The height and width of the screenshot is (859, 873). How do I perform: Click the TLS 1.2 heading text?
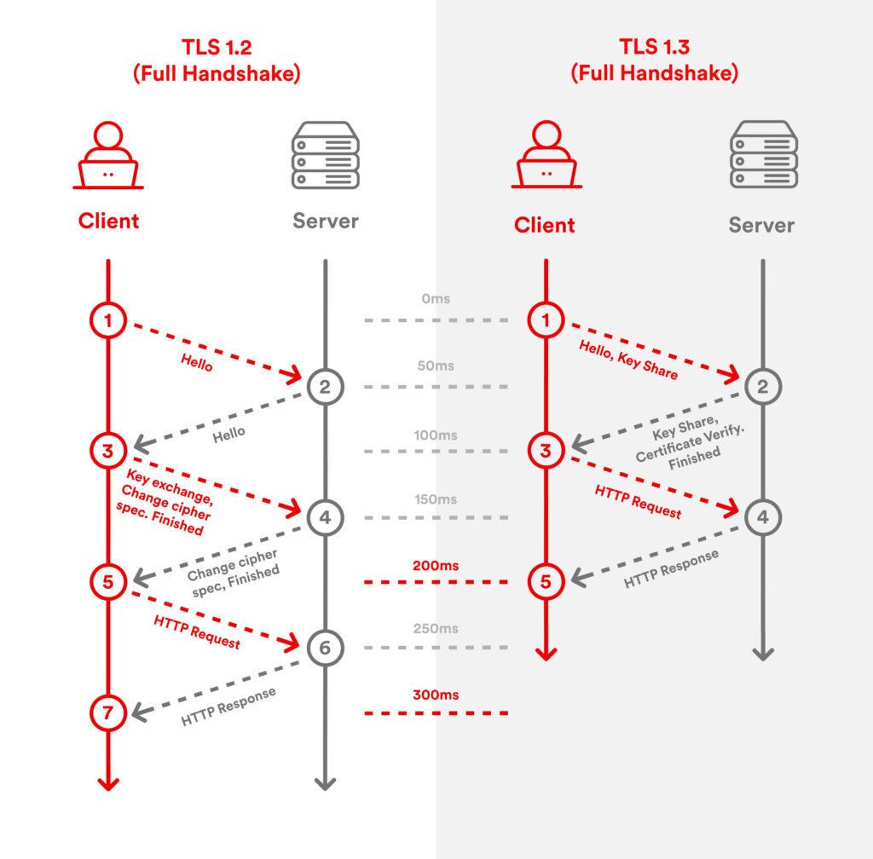217,48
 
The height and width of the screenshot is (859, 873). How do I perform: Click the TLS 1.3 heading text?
654,48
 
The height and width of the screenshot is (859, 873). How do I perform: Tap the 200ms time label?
436,566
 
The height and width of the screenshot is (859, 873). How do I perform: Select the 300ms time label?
436,695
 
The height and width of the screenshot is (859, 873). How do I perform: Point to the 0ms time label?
436,300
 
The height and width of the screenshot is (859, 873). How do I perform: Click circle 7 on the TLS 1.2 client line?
108,713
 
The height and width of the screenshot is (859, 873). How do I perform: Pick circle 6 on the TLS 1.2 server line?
325,649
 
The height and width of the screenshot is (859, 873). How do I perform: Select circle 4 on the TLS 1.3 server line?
762,516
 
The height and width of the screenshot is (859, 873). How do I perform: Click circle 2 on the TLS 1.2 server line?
325,387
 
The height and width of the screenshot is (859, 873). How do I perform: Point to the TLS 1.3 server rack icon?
763,154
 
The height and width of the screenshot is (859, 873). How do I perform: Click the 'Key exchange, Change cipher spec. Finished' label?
165,502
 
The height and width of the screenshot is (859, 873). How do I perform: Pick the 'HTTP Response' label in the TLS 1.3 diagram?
671,568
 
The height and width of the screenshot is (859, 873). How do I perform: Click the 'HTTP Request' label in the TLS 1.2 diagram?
197,631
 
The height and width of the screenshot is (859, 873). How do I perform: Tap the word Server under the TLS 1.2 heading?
326,221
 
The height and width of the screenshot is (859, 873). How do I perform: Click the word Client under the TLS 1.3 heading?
545,225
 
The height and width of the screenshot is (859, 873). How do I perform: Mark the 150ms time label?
436,499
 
